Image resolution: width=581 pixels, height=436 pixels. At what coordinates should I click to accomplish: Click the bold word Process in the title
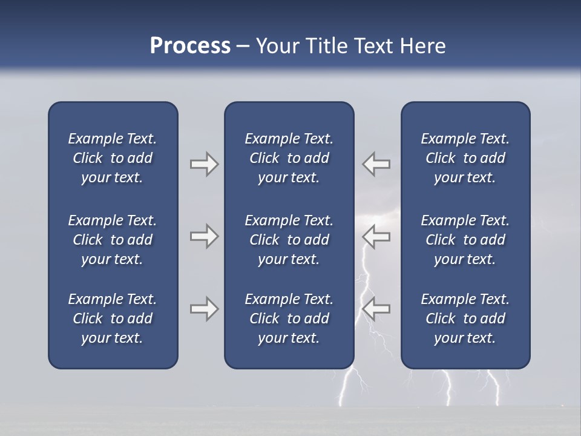(x=190, y=46)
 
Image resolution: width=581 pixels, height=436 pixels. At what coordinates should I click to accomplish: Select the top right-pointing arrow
(x=204, y=164)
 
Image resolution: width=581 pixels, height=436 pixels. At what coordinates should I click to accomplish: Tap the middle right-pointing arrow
(x=204, y=236)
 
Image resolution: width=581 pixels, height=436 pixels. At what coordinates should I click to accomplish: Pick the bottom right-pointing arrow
(x=204, y=309)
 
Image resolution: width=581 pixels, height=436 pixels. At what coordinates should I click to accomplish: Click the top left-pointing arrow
(x=376, y=164)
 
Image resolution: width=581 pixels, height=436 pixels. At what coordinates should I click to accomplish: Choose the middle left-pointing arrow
(x=376, y=236)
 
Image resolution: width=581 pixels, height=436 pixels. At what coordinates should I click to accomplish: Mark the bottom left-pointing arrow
(x=376, y=309)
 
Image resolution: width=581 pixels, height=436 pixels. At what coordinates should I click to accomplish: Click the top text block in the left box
(x=113, y=158)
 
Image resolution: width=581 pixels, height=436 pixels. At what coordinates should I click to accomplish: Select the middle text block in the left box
(x=113, y=240)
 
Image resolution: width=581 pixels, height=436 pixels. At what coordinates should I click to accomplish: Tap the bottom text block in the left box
(x=113, y=319)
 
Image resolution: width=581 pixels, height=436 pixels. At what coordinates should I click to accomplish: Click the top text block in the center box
(x=289, y=158)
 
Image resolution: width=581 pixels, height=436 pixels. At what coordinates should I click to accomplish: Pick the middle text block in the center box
(x=289, y=240)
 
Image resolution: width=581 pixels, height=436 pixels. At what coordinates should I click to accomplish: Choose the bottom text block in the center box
(x=289, y=319)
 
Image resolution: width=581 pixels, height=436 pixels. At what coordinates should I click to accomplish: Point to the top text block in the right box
(x=465, y=158)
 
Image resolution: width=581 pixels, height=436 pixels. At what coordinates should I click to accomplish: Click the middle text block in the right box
(x=465, y=240)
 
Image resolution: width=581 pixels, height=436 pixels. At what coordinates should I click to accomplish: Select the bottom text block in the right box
(x=465, y=319)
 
